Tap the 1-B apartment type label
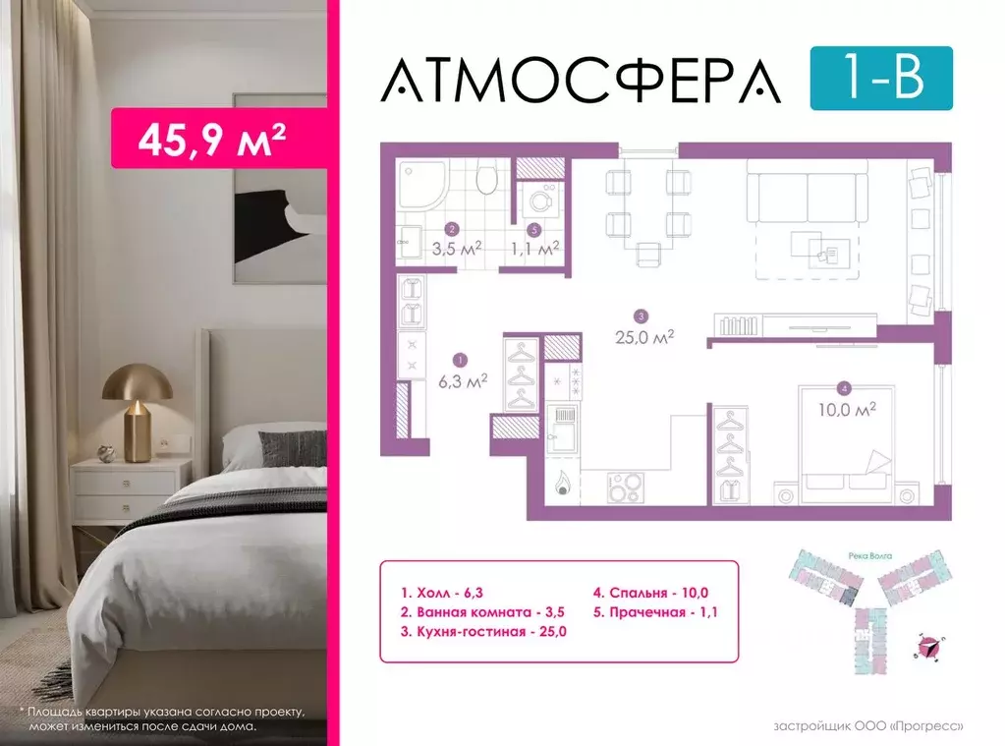click(880, 78)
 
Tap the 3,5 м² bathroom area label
click(456, 249)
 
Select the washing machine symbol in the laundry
click(540, 201)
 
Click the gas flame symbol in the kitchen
click(564, 483)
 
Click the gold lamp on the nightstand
click(138, 398)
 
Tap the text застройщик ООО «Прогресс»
click(868, 726)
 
